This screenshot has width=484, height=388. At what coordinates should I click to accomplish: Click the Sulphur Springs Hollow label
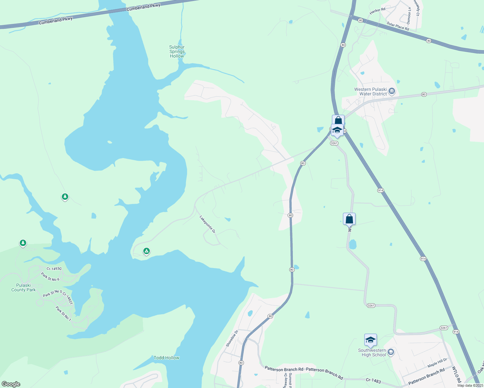click(x=177, y=52)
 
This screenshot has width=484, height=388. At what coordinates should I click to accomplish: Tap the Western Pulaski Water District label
click(x=370, y=92)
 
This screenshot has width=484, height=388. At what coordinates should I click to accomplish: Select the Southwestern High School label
click(x=372, y=353)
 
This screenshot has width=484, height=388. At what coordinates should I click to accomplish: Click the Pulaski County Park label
click(x=24, y=287)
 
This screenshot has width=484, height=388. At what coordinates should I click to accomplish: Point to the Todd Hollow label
click(x=166, y=358)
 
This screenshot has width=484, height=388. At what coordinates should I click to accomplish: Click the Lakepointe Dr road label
click(x=207, y=224)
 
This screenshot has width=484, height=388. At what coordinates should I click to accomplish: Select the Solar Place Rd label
click(x=398, y=26)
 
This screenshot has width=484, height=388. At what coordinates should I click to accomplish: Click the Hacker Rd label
click(x=377, y=11)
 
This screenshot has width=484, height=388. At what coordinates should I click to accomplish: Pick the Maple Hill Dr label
click(x=437, y=362)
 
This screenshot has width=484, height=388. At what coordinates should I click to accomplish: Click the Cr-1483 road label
click(x=373, y=381)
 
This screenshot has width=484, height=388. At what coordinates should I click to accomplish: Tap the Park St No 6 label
click(x=50, y=277)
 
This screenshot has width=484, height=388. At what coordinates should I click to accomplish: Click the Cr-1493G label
click(x=54, y=269)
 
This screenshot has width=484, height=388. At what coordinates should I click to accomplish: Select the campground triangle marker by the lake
click(x=147, y=251)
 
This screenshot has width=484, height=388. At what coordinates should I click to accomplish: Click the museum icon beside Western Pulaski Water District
click(x=391, y=91)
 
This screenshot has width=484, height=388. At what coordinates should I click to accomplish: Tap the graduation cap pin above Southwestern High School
click(x=370, y=340)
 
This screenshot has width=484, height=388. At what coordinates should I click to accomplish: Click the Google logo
click(x=11, y=384)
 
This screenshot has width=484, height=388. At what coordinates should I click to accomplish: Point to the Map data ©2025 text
click(x=470, y=385)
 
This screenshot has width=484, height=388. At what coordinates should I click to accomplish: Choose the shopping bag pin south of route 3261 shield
click(x=349, y=219)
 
